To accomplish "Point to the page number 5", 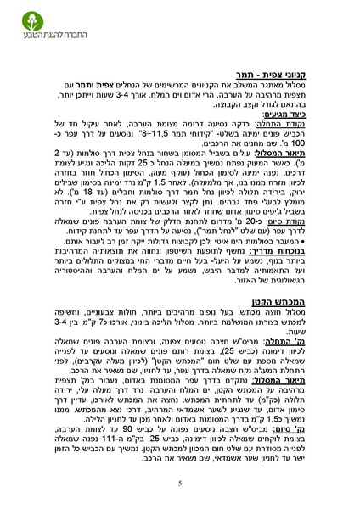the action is click(x=180, y=483).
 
